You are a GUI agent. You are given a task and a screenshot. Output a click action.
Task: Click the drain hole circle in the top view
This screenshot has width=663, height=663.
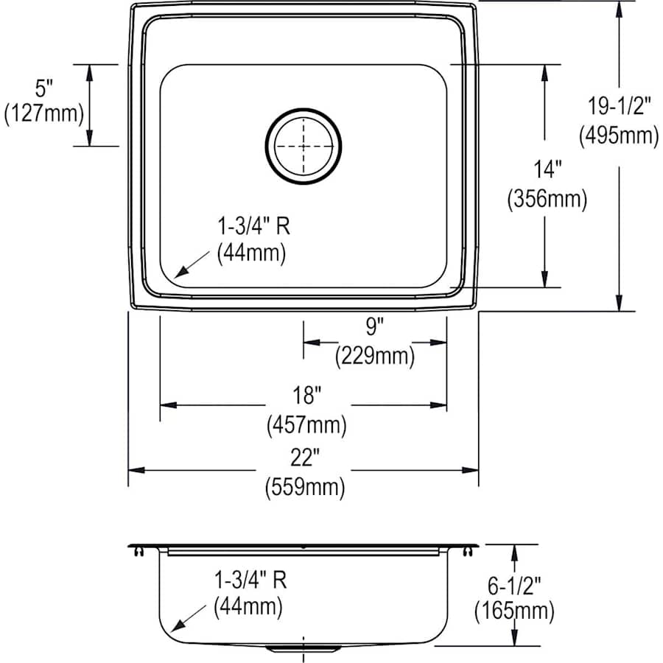pos(304,146)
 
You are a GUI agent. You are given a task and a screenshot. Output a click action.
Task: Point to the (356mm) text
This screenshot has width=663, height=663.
pos(547,200)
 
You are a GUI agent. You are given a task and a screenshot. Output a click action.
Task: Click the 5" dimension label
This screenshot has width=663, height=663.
pos(45,88)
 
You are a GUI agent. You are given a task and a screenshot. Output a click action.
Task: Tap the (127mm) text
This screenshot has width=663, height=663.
pos(45,115)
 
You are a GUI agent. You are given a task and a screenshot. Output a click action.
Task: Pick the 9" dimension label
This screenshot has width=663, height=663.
pos(376,325)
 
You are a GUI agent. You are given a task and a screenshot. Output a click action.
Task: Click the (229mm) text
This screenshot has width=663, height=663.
pos(375,357)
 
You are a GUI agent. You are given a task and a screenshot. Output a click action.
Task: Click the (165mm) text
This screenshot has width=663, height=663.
pos(514,611)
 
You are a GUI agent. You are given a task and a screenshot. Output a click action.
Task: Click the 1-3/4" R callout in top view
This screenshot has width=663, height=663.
pos(253,225)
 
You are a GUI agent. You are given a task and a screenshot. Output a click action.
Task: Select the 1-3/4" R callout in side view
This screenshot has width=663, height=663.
pos(248,580)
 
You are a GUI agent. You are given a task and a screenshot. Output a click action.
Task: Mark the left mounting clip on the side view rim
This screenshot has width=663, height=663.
pos(138,550)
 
